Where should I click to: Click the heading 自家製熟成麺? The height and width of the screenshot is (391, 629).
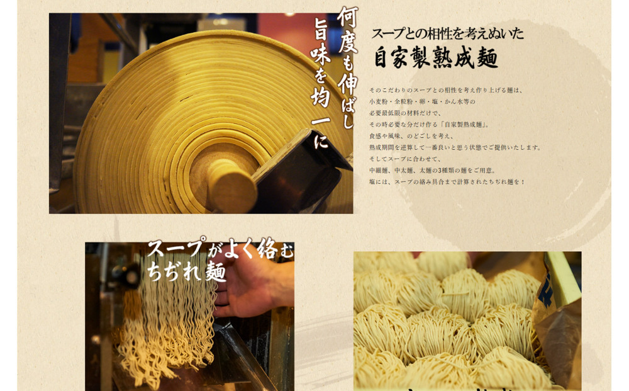(x=435, y=57)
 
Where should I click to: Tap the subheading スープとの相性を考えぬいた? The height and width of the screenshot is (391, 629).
(x=447, y=33)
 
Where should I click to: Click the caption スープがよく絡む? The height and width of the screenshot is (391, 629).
(x=220, y=249)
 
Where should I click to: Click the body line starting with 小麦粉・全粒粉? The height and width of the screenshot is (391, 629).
(x=422, y=101)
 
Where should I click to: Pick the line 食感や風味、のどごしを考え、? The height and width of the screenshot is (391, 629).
(x=411, y=136)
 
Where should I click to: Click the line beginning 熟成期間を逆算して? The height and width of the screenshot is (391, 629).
(x=455, y=147)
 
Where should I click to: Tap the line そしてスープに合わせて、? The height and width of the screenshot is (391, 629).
(x=405, y=159)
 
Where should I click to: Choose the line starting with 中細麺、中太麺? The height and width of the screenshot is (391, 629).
(x=433, y=170)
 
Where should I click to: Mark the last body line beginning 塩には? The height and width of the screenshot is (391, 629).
(x=447, y=182)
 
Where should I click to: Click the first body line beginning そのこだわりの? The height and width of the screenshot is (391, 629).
(x=445, y=90)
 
